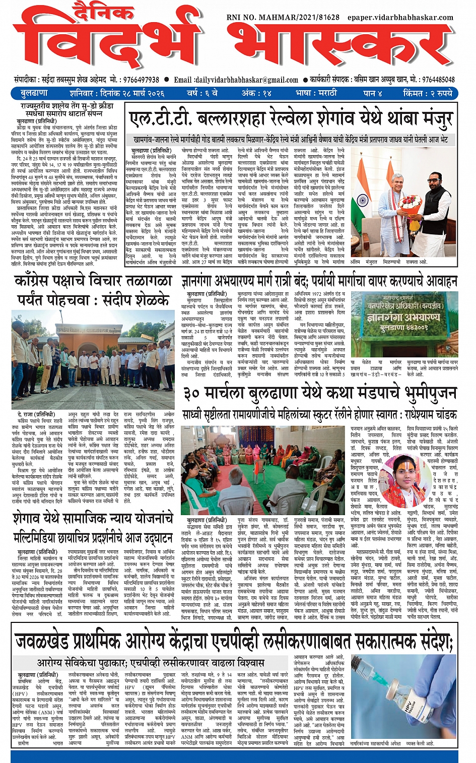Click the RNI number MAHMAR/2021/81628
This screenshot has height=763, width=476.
283,17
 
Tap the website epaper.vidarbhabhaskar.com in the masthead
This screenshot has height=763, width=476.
400,17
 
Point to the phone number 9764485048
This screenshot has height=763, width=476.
439,80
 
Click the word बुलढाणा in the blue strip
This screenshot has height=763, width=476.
34,93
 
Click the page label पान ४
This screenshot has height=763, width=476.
373,93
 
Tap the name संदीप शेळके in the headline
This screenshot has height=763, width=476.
135,300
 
